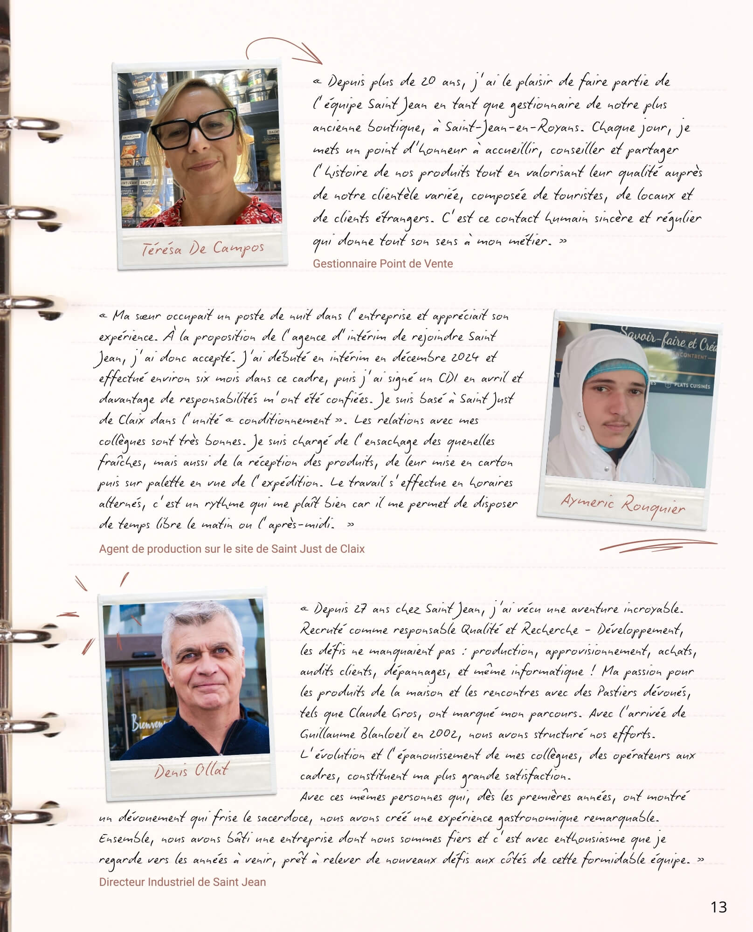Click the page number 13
718,907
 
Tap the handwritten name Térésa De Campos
203,249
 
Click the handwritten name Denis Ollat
191,771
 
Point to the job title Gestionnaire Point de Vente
382,264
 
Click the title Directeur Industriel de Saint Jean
182,882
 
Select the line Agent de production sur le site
232,549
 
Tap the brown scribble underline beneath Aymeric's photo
657,545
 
